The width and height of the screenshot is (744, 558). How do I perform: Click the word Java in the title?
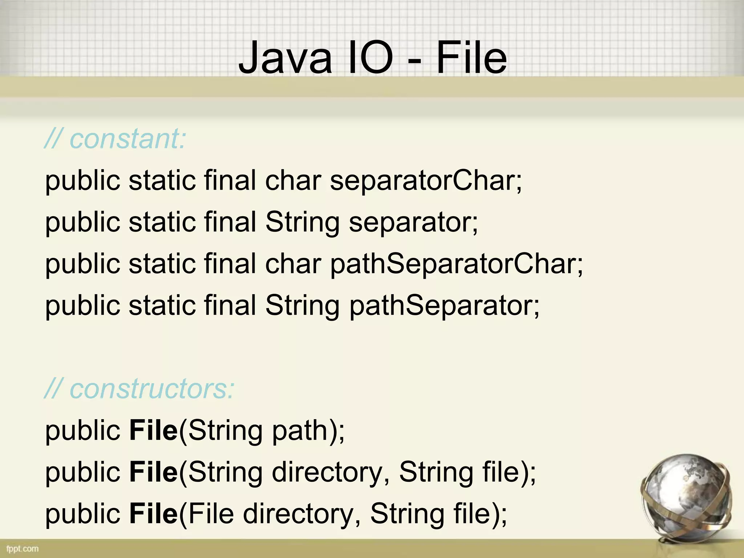tap(286, 58)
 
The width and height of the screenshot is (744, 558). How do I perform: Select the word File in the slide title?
tap(472, 58)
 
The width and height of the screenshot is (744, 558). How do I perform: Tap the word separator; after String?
tap(413, 222)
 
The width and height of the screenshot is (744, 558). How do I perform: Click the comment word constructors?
tap(152, 389)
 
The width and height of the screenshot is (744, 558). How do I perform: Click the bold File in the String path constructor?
tap(153, 430)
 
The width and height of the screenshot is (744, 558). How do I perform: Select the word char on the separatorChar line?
tap(293, 181)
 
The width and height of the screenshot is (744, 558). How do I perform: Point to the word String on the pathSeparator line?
tap(302, 306)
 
